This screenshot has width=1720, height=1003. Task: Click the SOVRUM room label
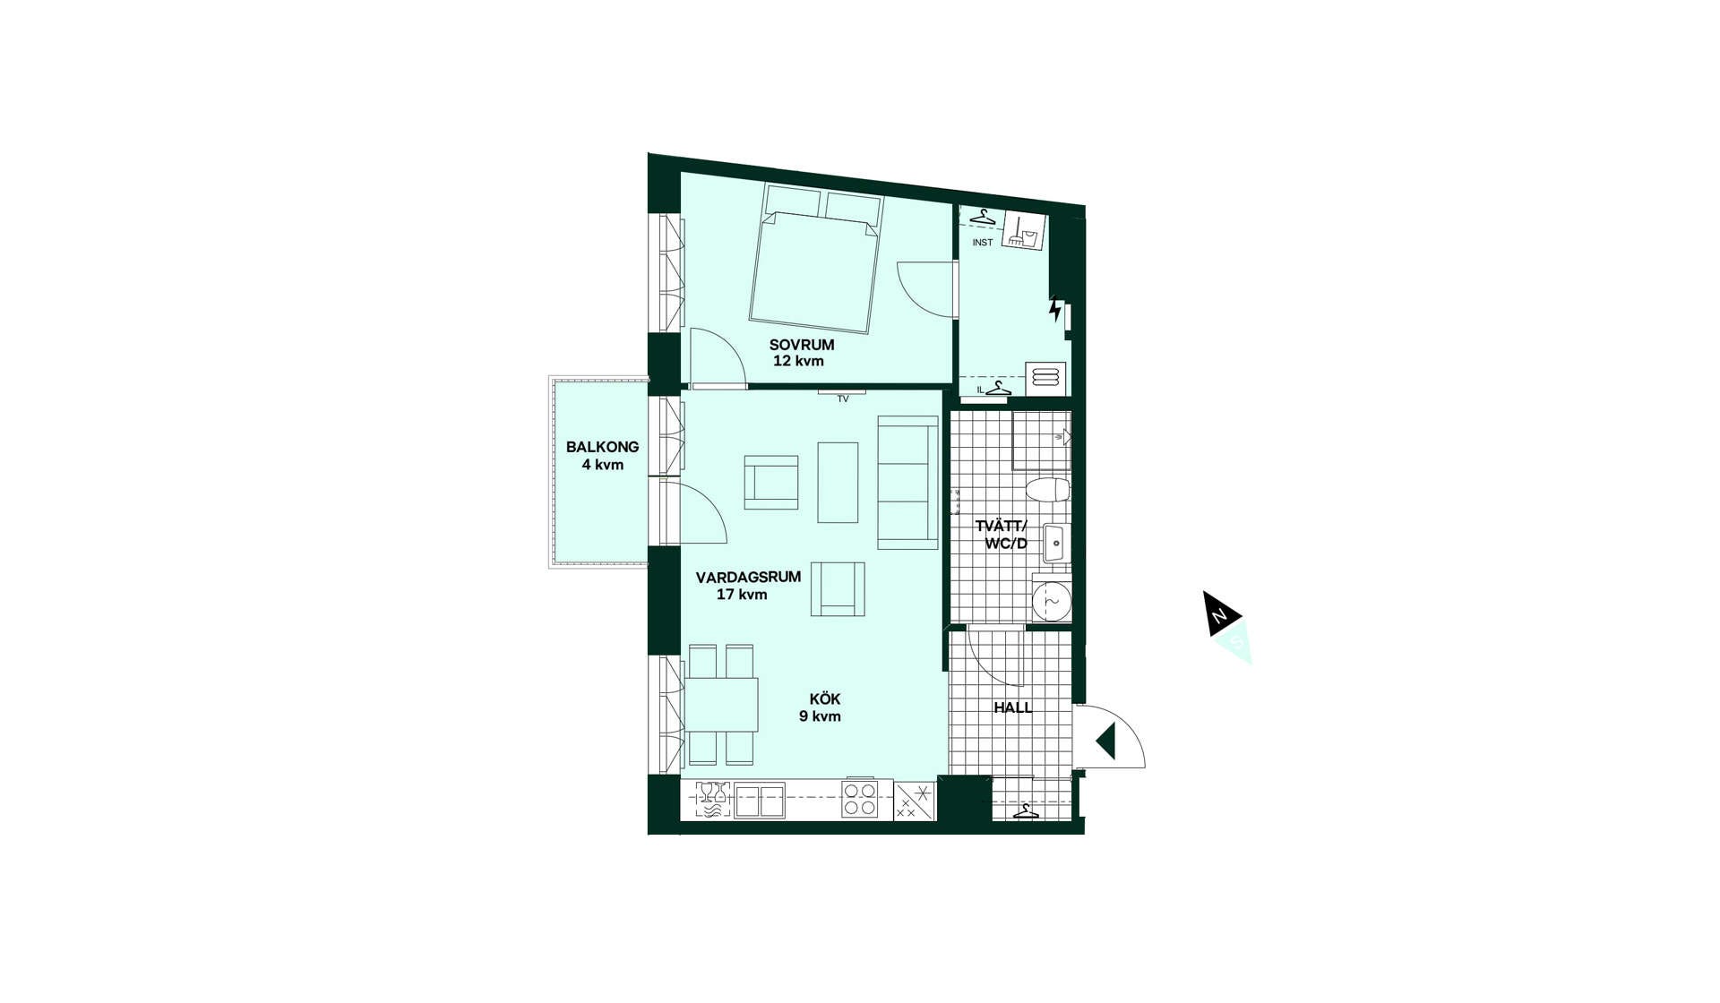(801, 345)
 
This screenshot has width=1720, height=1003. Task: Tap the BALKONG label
(602, 447)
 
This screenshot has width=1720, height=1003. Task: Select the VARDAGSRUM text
(748, 578)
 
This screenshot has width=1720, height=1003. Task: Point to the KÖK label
(824, 699)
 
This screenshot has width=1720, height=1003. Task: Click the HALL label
(1012, 707)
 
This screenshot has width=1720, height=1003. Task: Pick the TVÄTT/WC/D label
(1002, 535)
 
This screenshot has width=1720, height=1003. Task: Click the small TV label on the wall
(843, 399)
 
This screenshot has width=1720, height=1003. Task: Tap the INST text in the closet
(983, 243)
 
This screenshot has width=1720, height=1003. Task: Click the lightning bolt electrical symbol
(1056, 308)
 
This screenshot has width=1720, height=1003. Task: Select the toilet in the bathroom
(1047, 490)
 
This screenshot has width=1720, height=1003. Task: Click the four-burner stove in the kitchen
(859, 799)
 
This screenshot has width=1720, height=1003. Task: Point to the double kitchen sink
(759, 801)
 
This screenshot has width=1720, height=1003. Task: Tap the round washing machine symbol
(1051, 602)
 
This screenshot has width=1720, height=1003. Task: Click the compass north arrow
(1221, 613)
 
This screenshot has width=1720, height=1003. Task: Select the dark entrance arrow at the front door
(1105, 742)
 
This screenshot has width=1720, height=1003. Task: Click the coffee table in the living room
(838, 483)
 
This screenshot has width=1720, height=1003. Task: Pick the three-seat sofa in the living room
(907, 483)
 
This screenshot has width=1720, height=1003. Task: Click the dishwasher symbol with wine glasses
(713, 801)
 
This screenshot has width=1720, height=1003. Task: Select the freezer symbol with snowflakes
(915, 802)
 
